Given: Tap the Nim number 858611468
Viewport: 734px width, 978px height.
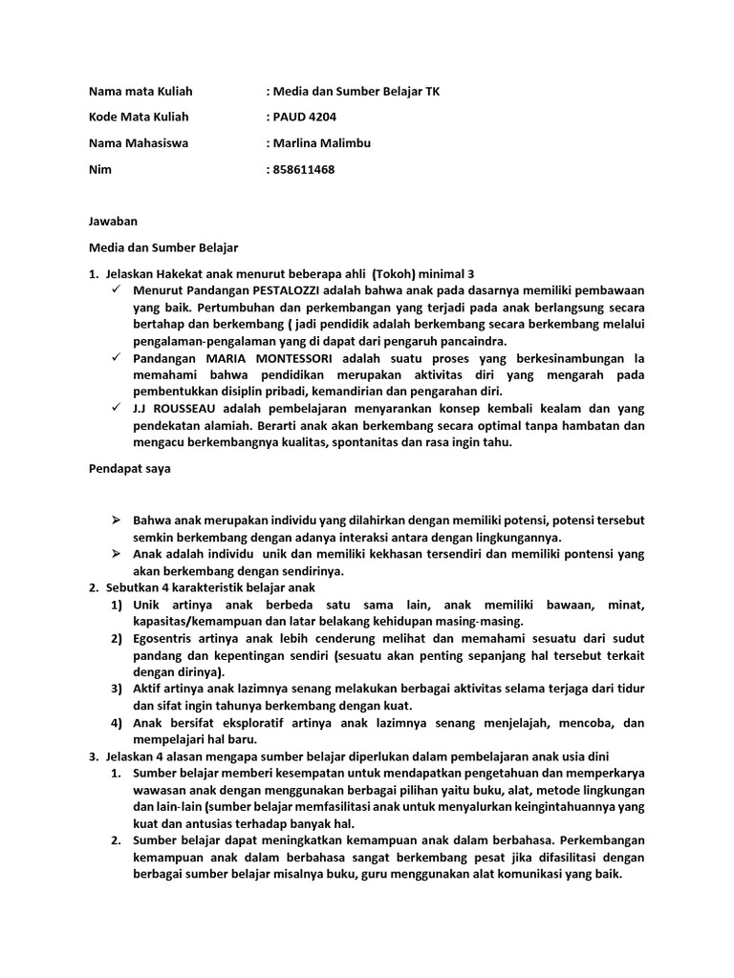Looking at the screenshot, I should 304,170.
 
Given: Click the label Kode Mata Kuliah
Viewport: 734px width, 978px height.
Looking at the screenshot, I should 139,117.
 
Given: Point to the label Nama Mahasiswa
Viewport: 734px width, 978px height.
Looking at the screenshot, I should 139,143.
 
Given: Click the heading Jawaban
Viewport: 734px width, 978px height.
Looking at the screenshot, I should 113,222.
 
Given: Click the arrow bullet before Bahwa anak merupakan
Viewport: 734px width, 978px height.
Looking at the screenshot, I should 115,521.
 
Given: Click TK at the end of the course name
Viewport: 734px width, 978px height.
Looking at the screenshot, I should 432,92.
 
